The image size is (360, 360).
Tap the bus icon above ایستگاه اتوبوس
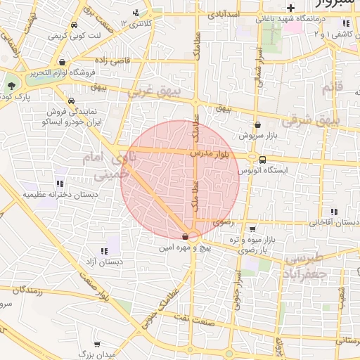point(262,160)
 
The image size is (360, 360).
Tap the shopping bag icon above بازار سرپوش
point(257,124)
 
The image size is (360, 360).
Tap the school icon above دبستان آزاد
point(104,250)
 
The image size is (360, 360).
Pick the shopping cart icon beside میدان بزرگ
point(97,345)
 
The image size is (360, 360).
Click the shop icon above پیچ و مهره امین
point(185,237)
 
